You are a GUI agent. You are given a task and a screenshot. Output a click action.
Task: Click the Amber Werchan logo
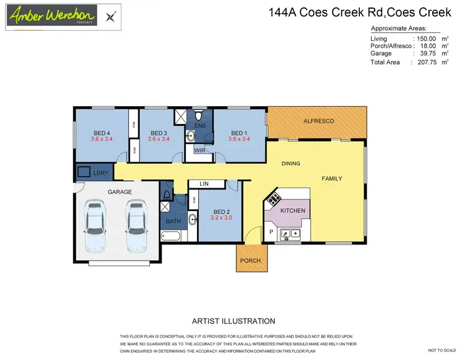point(52,15)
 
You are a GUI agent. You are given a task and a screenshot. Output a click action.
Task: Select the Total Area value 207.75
point(427,62)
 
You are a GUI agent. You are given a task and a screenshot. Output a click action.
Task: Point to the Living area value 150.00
point(427,39)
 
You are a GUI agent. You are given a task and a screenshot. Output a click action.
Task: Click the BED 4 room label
point(102,133)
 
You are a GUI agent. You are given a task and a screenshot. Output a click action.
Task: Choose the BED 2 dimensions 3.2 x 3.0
point(220,218)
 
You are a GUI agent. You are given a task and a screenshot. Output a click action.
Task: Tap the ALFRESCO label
point(319,122)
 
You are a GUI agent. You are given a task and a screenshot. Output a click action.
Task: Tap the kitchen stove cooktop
point(273,199)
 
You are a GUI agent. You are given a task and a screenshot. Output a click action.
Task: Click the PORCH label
point(251,261)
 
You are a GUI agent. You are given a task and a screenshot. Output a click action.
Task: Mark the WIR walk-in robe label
point(199,150)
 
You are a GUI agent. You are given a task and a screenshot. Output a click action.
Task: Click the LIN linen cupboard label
point(203,184)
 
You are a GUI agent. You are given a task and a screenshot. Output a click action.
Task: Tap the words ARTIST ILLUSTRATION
point(233,321)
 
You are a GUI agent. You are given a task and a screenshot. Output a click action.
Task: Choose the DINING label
point(291,164)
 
